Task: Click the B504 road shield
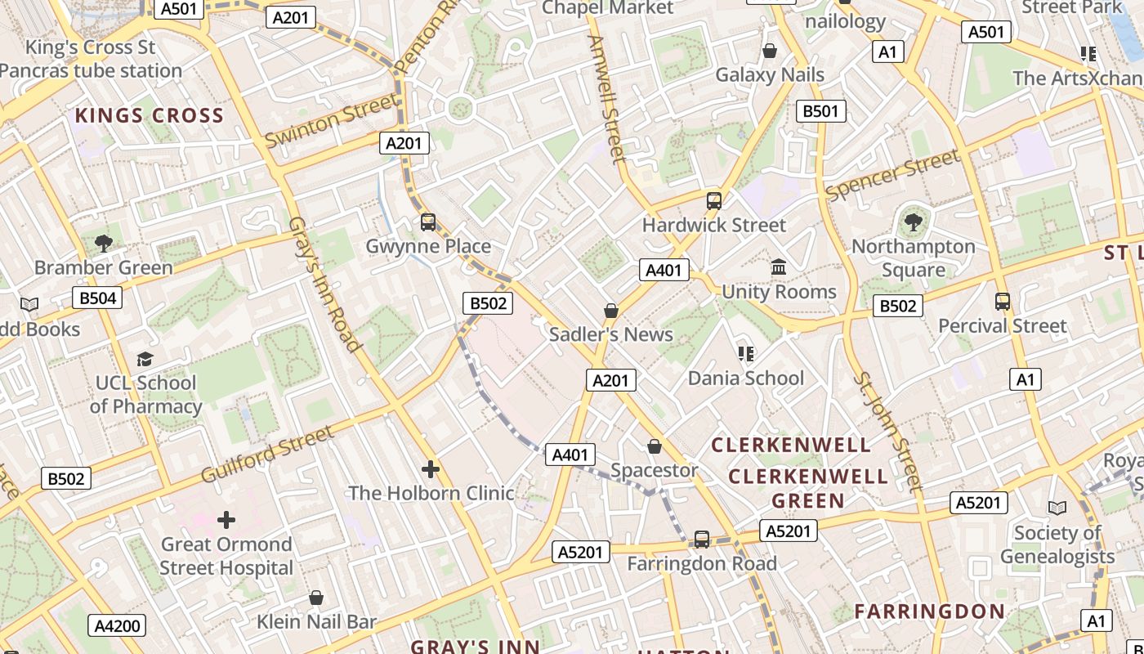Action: pos(97,298)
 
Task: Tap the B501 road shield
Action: pos(820,111)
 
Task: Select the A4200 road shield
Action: pos(117,626)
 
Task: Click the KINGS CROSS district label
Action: pos(150,116)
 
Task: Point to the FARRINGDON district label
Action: pos(930,611)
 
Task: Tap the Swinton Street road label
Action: pos(333,120)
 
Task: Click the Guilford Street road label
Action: pos(267,454)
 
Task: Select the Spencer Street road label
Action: pos(892,175)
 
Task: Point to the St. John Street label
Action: pos(887,432)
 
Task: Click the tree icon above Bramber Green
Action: pos(104,243)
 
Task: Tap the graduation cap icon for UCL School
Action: pos(145,359)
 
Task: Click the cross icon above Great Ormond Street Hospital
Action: pos(226,519)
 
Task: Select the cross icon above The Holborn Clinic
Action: pos(431,468)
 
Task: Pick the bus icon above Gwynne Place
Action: pos(428,222)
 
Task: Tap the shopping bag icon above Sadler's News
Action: pos(611,311)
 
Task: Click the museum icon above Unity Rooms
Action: pos(779,267)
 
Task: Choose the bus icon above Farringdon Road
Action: pos(702,540)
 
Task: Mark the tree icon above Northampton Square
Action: pos(914,222)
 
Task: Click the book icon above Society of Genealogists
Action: pos(1057,508)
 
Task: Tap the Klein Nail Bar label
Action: pos(317,621)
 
